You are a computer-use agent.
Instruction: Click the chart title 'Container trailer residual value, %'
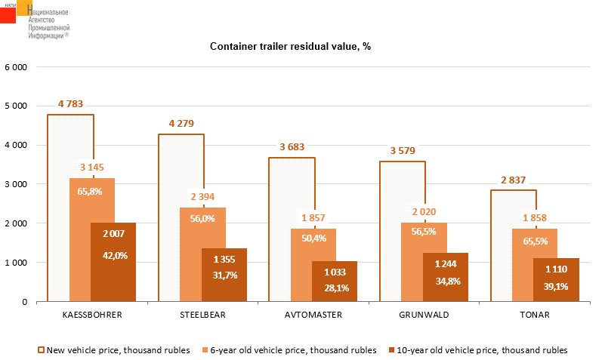(x=290, y=47)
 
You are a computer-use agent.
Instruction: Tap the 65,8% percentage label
(x=92, y=191)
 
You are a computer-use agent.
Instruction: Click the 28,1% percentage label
(x=335, y=287)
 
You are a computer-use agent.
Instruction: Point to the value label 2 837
(x=514, y=180)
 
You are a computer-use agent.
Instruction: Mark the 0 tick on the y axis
(x=25, y=302)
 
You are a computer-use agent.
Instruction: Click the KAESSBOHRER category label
(x=92, y=314)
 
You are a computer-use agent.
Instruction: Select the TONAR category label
(x=535, y=314)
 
